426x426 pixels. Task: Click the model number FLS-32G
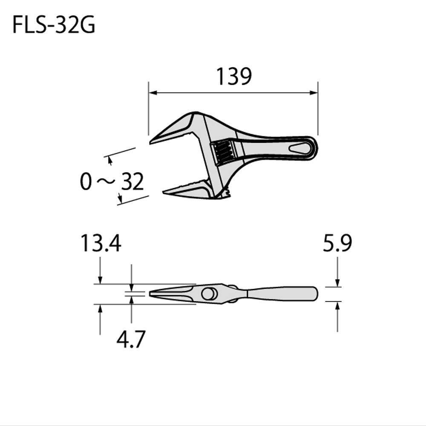54,26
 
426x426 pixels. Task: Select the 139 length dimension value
234,77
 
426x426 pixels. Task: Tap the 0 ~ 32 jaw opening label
112,182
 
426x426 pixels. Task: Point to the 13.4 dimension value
101,245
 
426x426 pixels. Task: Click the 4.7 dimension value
131,340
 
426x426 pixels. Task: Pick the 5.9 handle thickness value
337,245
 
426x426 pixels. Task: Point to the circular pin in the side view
209,294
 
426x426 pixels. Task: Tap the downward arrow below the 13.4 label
100,279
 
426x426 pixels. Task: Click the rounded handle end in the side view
314,294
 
